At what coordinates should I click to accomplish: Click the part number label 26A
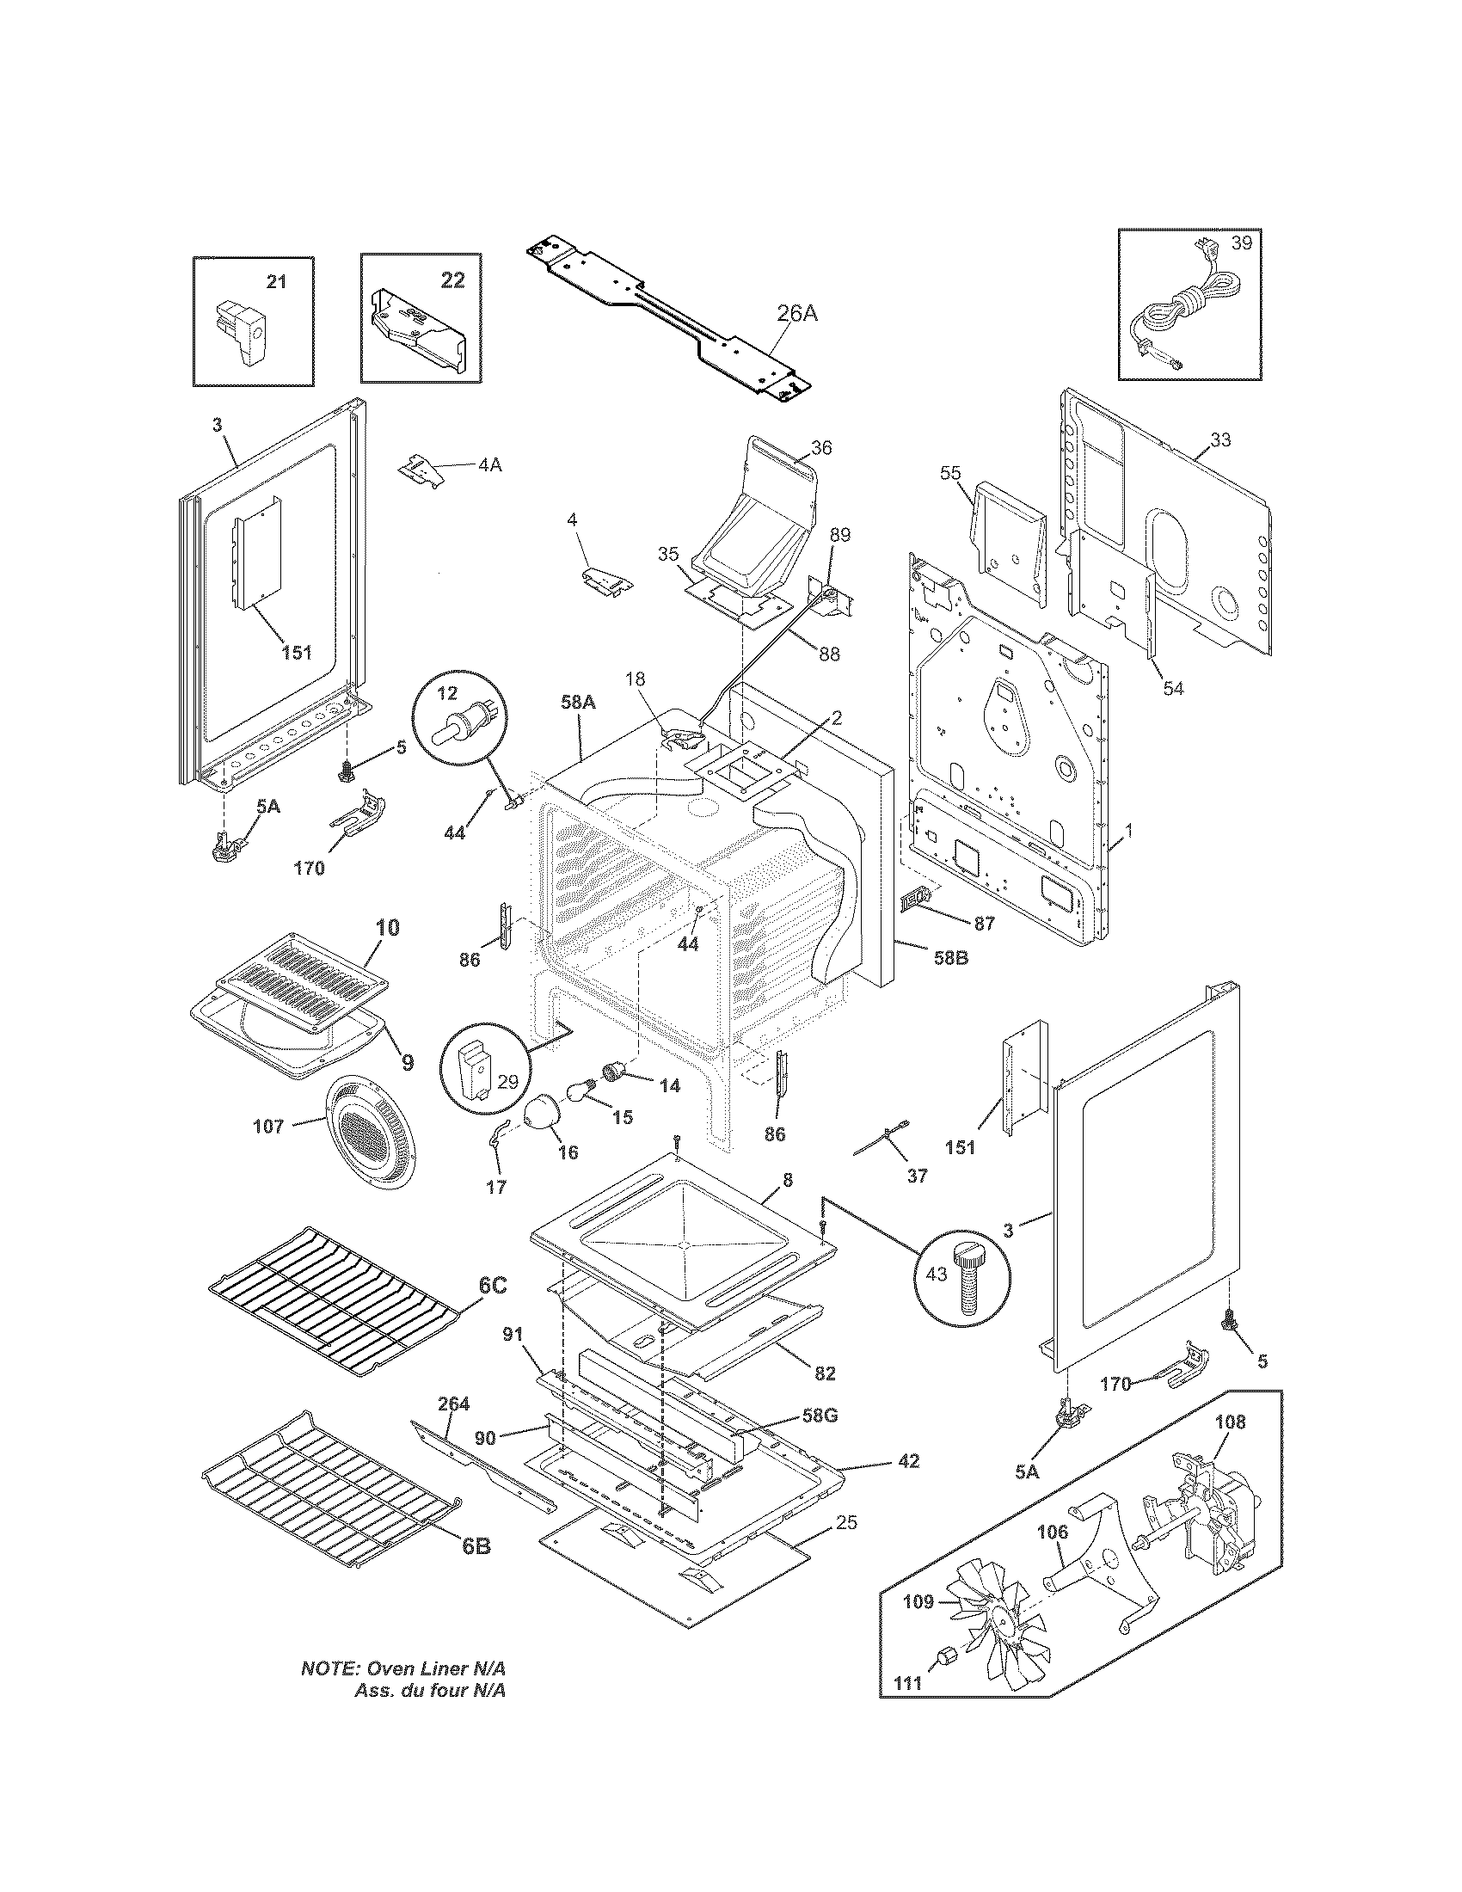(795, 314)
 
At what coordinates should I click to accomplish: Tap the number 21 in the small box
(275, 281)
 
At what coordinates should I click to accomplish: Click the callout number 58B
(949, 958)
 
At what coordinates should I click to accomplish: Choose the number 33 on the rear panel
(1219, 440)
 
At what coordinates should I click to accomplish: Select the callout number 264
(453, 1404)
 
